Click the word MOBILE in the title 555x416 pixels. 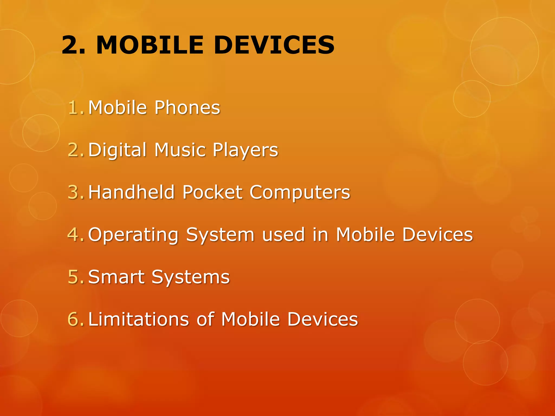[x=150, y=45]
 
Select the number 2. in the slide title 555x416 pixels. [x=73, y=45]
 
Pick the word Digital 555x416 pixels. [x=117, y=150]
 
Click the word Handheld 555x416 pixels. [x=131, y=192]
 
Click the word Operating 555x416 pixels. [x=133, y=235]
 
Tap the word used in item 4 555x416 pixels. [x=283, y=235]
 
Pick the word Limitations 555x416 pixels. [x=138, y=319]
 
